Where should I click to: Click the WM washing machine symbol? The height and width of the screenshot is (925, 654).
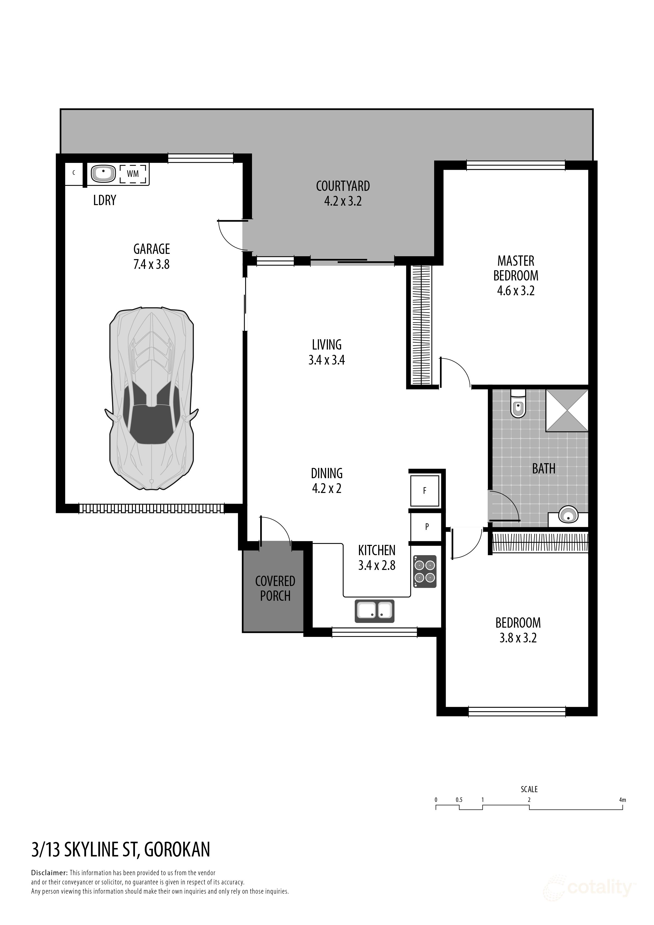click(x=133, y=174)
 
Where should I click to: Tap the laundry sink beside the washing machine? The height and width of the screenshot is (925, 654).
click(x=104, y=174)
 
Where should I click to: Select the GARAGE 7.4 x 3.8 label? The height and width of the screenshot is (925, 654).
click(x=152, y=256)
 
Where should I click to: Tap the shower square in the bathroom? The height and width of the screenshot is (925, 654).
click(x=567, y=410)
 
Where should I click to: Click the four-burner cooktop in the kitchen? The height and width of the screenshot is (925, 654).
click(x=425, y=571)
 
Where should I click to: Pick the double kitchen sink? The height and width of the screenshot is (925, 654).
click(x=374, y=611)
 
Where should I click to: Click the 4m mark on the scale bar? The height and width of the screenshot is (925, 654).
click(x=623, y=800)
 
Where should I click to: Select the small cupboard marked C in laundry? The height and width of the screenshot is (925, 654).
click(x=74, y=173)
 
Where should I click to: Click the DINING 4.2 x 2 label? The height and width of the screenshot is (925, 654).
click(x=327, y=481)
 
